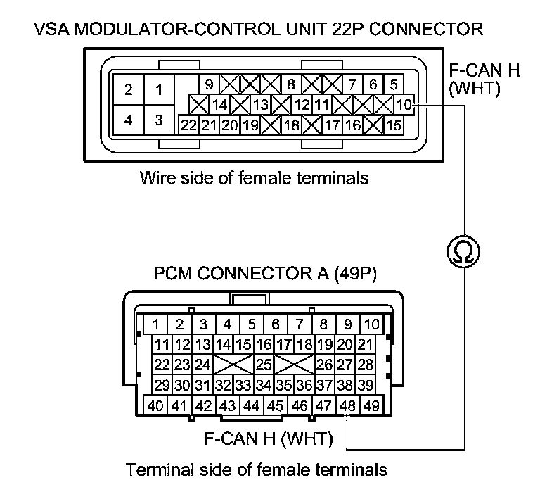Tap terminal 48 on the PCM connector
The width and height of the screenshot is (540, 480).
347,405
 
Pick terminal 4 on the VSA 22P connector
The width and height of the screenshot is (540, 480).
128,120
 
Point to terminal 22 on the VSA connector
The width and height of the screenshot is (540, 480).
188,126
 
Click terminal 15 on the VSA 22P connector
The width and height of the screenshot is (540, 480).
394,126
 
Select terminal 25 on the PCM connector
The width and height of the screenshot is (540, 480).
264,365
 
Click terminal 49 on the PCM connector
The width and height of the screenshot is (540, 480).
371,405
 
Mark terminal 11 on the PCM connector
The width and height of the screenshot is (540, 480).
162,345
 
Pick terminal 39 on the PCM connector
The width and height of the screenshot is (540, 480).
366,385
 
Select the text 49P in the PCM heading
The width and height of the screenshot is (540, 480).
359,274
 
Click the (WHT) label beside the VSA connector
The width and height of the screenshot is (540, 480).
475,90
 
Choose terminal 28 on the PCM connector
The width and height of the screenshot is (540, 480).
366,365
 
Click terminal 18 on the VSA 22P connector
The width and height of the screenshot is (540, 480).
290,126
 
